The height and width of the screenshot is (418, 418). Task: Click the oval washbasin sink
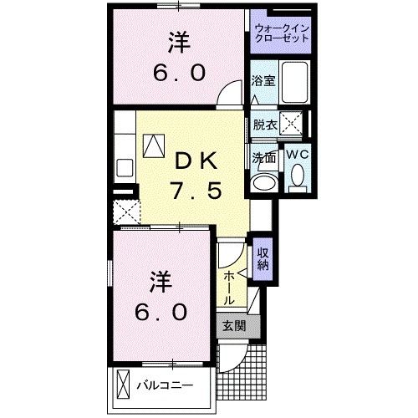click(266, 182)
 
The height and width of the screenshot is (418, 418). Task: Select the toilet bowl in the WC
click(298, 176)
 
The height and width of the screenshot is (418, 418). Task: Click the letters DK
click(198, 160)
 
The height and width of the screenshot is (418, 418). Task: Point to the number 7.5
click(198, 191)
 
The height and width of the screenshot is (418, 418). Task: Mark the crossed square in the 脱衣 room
click(290, 126)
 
